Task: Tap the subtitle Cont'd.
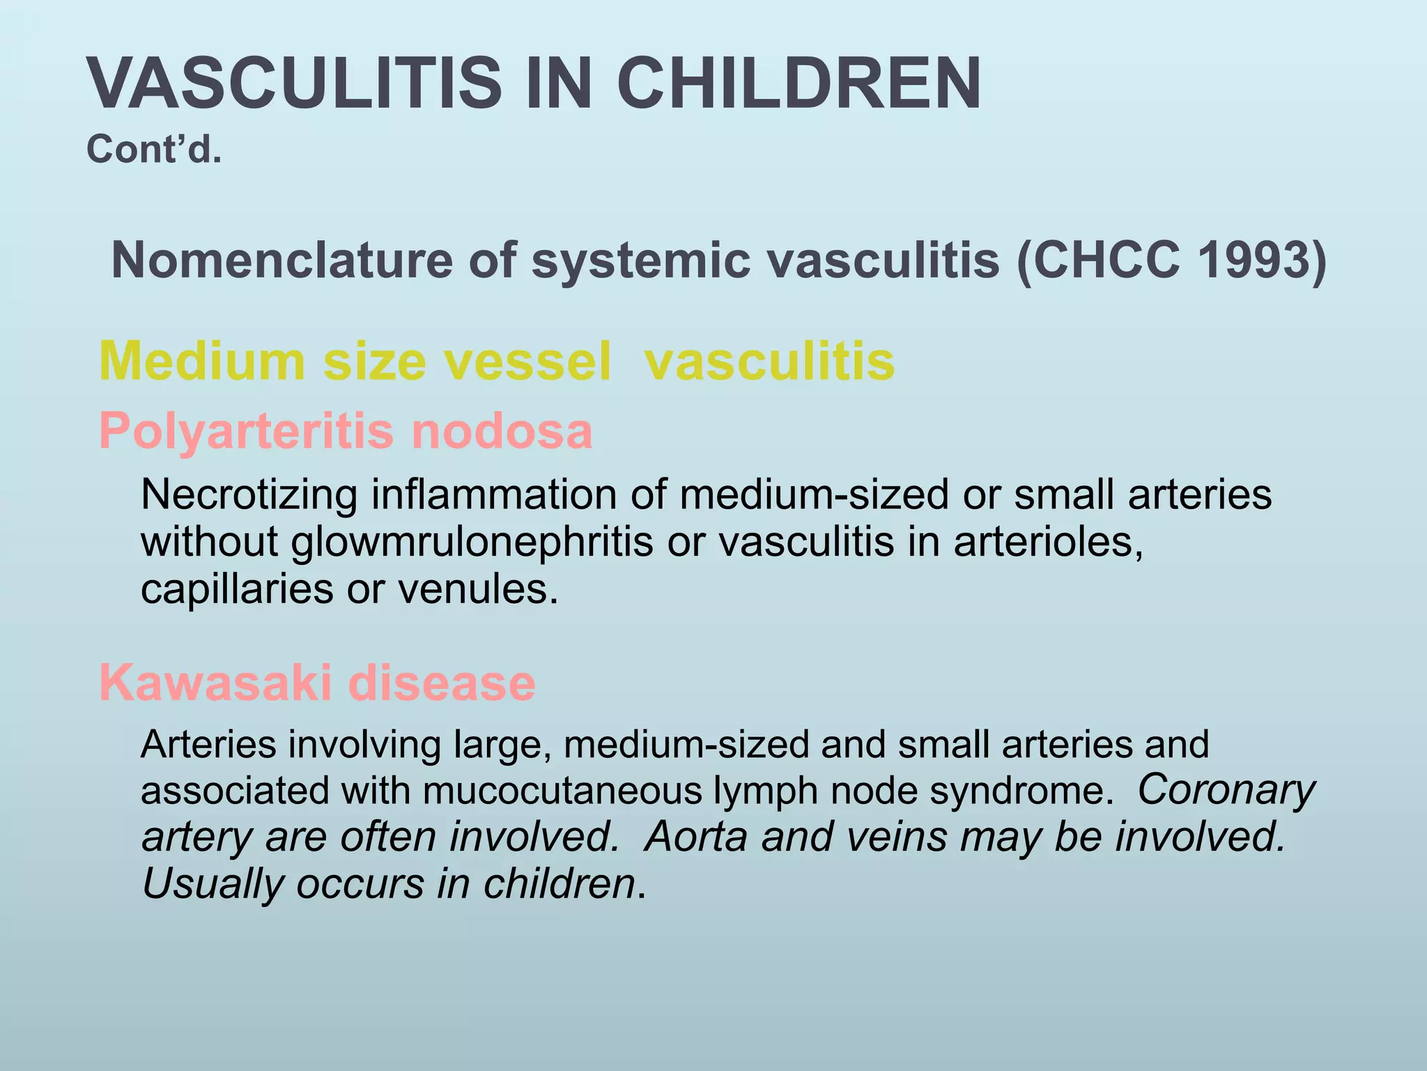(x=154, y=149)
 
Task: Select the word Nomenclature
(x=281, y=260)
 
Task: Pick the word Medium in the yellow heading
(x=202, y=361)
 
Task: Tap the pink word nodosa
(x=502, y=431)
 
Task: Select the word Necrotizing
(x=249, y=495)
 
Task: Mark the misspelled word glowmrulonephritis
(x=472, y=542)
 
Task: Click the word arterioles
(x=1048, y=542)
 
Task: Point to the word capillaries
(x=237, y=589)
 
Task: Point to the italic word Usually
(x=213, y=884)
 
